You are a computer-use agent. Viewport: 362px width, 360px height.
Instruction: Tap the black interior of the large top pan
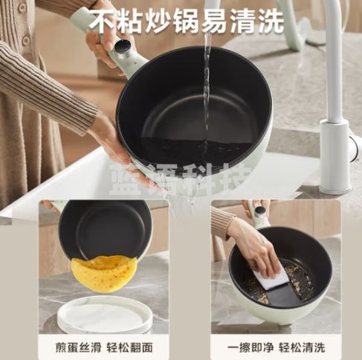pyautogui.click(x=190, y=112)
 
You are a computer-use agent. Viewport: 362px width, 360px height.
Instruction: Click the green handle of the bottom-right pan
pyautogui.click(x=260, y=216)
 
